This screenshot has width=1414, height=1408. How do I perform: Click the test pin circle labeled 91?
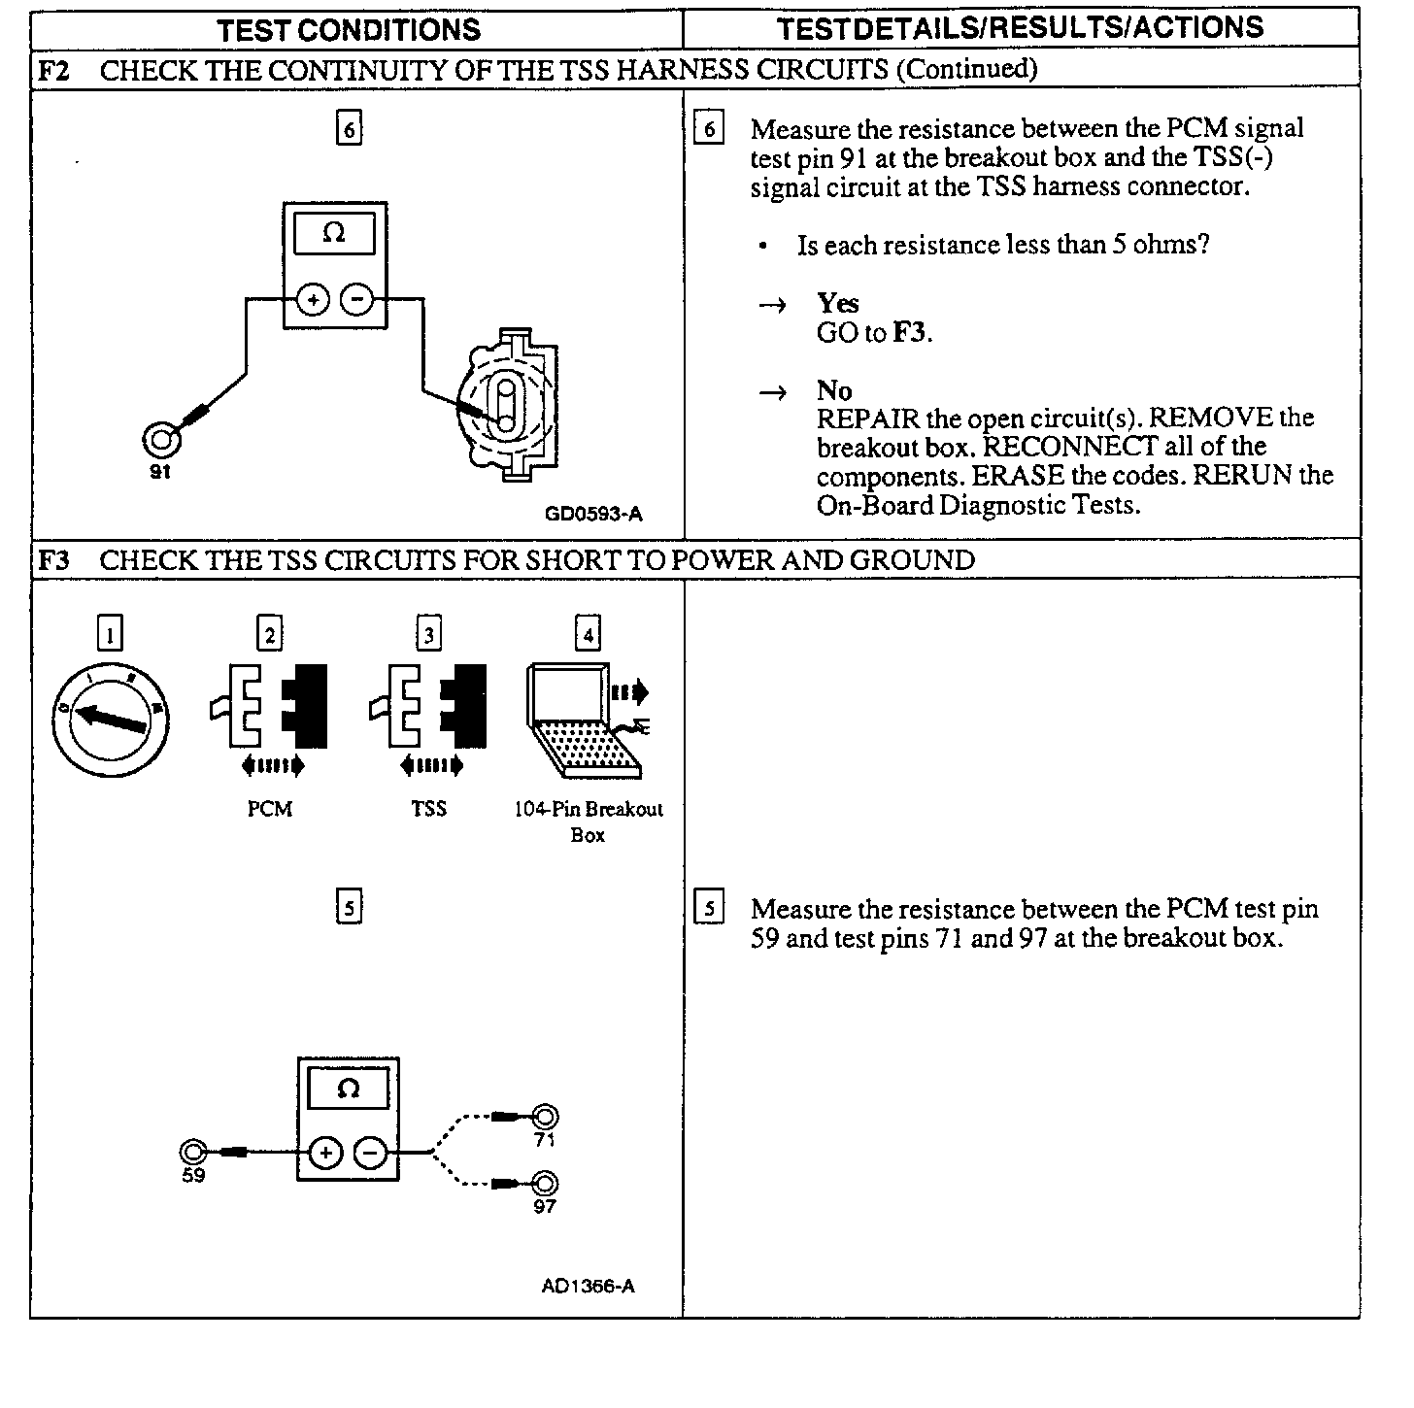pyautogui.click(x=161, y=441)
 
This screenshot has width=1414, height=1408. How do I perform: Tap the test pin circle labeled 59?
pyautogui.click(x=193, y=1153)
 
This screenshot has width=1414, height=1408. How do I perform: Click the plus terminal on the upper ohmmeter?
pyautogui.click(x=313, y=300)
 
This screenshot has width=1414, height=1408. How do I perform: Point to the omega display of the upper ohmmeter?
pyautogui.click(x=333, y=234)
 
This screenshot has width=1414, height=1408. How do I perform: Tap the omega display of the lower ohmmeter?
pyautogui.click(x=348, y=1089)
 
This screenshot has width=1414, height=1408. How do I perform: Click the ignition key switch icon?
pyautogui.click(x=111, y=720)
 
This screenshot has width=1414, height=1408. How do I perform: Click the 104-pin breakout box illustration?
pyautogui.click(x=586, y=721)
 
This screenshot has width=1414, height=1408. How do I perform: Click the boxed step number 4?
pyautogui.click(x=588, y=635)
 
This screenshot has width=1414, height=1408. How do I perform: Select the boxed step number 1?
pyautogui.click(x=111, y=635)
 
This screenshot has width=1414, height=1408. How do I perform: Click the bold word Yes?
pyautogui.click(x=837, y=303)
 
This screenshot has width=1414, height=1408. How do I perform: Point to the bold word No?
pyautogui.click(x=834, y=390)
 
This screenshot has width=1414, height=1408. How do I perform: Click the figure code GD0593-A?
pyautogui.click(x=593, y=514)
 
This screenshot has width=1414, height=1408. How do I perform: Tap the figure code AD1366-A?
pyautogui.click(x=588, y=1287)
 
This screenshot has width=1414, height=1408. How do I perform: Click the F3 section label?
pyautogui.click(x=54, y=560)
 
